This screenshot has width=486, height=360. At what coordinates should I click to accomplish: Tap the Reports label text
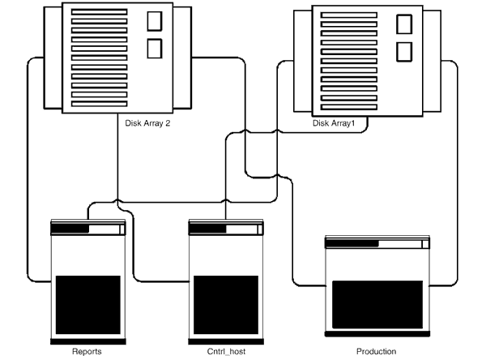86,351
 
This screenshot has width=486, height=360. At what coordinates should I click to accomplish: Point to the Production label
376,351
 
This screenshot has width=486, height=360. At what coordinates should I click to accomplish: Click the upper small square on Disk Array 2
155,21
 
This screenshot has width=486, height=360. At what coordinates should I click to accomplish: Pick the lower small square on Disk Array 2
155,48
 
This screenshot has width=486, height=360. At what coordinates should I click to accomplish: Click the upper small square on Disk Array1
403,25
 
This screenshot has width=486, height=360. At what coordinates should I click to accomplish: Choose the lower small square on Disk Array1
403,52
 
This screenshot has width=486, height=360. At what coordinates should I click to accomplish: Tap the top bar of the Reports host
87,229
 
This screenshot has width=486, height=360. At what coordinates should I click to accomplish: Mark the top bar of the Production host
377,243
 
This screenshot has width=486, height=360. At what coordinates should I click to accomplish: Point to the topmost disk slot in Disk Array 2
99,13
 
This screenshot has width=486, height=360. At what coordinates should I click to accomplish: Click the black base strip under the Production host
377,332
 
